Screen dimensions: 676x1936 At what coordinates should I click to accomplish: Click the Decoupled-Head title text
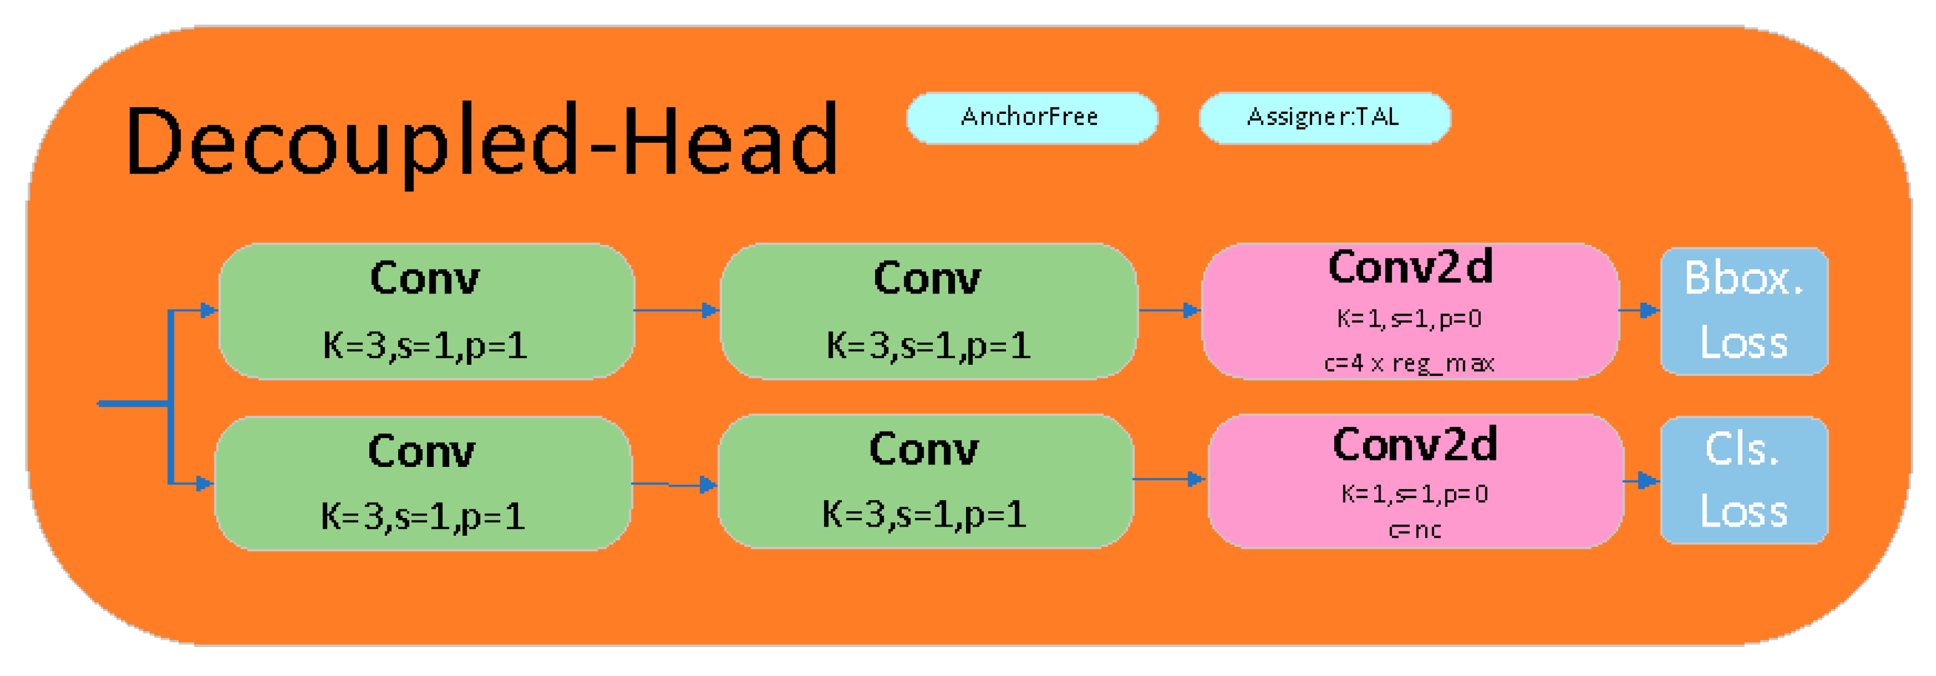(x=481, y=141)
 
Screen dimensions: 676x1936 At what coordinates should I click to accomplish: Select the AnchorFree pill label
(x=1030, y=117)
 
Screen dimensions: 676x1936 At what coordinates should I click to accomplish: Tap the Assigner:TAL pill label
(x=1323, y=117)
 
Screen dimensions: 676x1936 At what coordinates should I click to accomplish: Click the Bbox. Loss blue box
(x=1744, y=311)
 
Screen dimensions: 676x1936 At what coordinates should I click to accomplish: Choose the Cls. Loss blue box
(x=1744, y=480)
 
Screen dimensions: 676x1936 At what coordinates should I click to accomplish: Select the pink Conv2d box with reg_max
(x=1410, y=311)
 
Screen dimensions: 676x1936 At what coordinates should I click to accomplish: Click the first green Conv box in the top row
(x=426, y=311)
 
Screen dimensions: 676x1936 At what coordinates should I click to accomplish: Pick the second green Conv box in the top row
(x=928, y=311)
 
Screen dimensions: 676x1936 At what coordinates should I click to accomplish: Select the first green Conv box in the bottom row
(x=423, y=483)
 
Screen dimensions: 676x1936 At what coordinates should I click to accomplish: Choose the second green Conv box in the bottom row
(x=925, y=480)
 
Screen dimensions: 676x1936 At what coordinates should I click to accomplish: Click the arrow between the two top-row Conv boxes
(x=677, y=310)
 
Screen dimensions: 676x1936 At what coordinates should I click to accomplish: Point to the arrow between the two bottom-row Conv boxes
(x=674, y=484)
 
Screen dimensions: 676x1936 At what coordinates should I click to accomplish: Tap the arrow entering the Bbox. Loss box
(x=1639, y=310)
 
